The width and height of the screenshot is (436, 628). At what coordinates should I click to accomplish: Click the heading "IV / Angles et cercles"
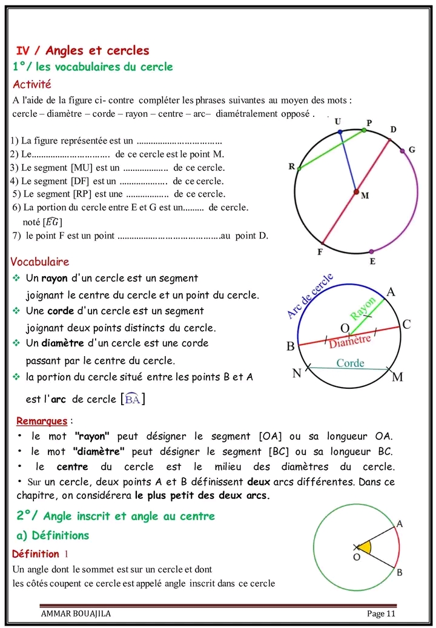[82, 50]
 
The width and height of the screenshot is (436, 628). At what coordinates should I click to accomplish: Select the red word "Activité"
[32, 84]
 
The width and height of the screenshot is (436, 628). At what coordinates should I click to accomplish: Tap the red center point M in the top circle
[356, 192]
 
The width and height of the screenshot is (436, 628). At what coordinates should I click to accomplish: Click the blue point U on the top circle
[340, 131]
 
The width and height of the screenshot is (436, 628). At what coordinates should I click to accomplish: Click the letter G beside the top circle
[412, 150]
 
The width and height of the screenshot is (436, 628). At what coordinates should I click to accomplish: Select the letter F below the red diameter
[320, 251]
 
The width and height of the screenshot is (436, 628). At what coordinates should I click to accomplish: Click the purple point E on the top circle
[371, 251]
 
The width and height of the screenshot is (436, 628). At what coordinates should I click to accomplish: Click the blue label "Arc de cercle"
[309, 296]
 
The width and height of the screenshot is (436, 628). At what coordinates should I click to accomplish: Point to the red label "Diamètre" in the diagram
[349, 341]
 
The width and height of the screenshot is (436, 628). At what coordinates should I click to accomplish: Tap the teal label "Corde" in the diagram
[350, 363]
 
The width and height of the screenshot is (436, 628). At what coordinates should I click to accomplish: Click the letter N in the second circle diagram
[297, 373]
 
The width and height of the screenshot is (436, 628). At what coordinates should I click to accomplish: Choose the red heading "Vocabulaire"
[40, 262]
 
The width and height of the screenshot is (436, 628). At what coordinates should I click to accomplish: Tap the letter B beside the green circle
[399, 572]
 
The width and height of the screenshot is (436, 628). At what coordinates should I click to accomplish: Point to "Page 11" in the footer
[381, 613]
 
